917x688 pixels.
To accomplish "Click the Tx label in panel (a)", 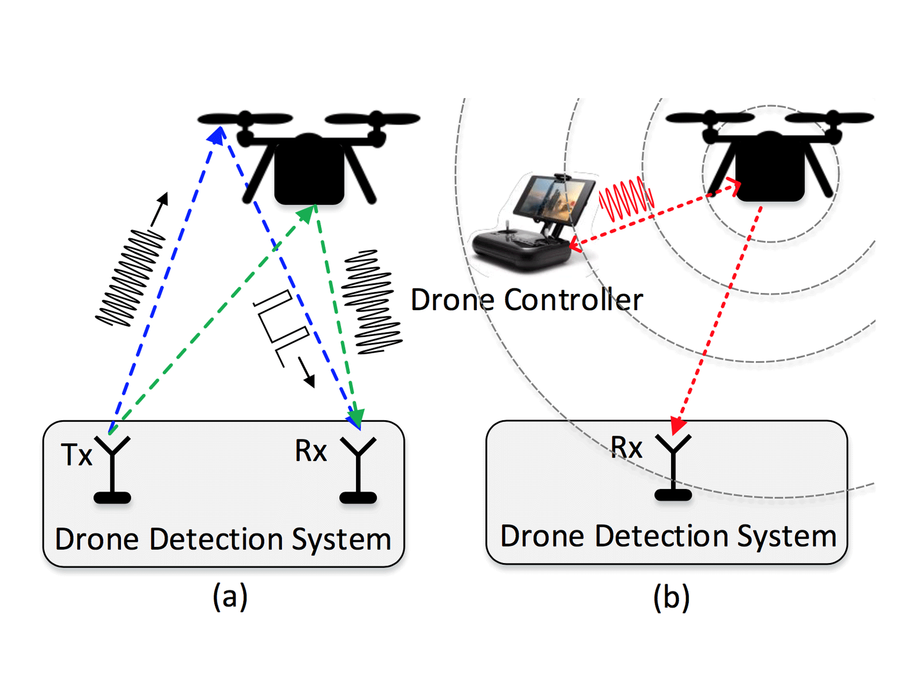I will pyautogui.click(x=76, y=455).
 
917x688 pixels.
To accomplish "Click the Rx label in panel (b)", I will pyautogui.click(x=626, y=448).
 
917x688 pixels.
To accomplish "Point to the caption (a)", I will pyautogui.click(x=230, y=596).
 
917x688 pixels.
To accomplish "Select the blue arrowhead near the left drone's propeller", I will pyautogui.click(x=217, y=135).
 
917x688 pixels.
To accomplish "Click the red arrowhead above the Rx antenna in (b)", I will pyautogui.click(x=679, y=426).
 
